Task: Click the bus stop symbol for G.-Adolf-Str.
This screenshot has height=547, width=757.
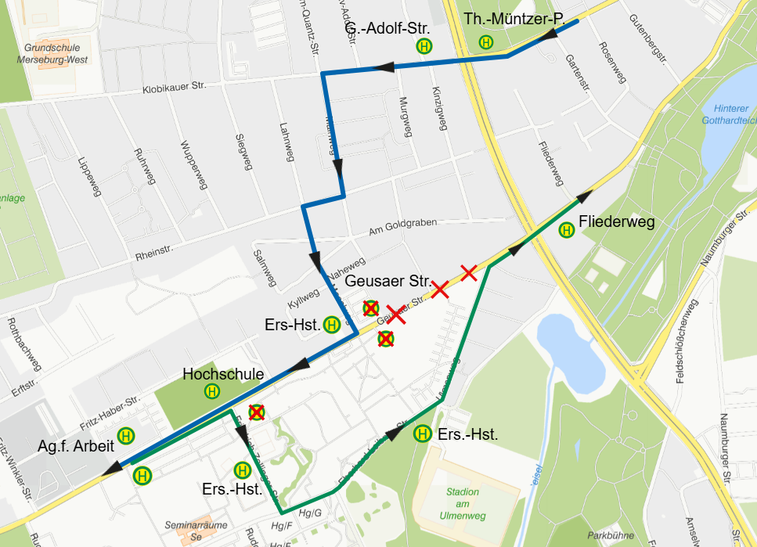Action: (x=424, y=46)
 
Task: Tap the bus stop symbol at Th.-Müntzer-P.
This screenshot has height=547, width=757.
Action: (x=486, y=43)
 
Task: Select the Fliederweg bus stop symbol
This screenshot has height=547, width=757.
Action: (x=566, y=229)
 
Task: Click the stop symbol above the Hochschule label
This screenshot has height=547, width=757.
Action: (x=211, y=390)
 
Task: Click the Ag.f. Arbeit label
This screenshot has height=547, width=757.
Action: (x=75, y=447)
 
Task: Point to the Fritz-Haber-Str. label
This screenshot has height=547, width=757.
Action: (x=110, y=414)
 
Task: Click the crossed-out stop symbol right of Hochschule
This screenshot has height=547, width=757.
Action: (x=256, y=412)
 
